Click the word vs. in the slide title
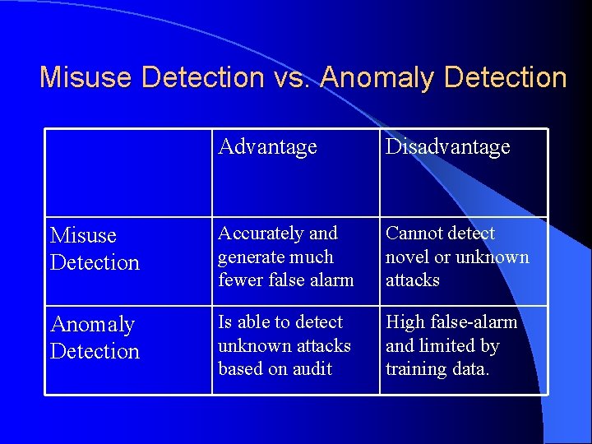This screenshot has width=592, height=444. pyautogui.click(x=291, y=77)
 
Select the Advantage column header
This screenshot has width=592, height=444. pyautogui.click(x=267, y=147)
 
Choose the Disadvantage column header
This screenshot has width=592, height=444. pyautogui.click(x=448, y=147)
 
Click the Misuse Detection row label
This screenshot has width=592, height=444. pyautogui.click(x=95, y=249)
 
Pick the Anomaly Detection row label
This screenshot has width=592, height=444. pyautogui.click(x=95, y=338)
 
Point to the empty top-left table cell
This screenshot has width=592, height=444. pyautogui.click(x=128, y=173)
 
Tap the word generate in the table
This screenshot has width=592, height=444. pyautogui.click(x=247, y=257)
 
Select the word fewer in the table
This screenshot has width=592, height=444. pyautogui.click(x=239, y=280)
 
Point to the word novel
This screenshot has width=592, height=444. pyautogui.click(x=408, y=257)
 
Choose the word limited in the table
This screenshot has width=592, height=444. pyautogui.click(x=442, y=346)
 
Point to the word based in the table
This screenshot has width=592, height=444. pyautogui.click(x=239, y=369)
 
